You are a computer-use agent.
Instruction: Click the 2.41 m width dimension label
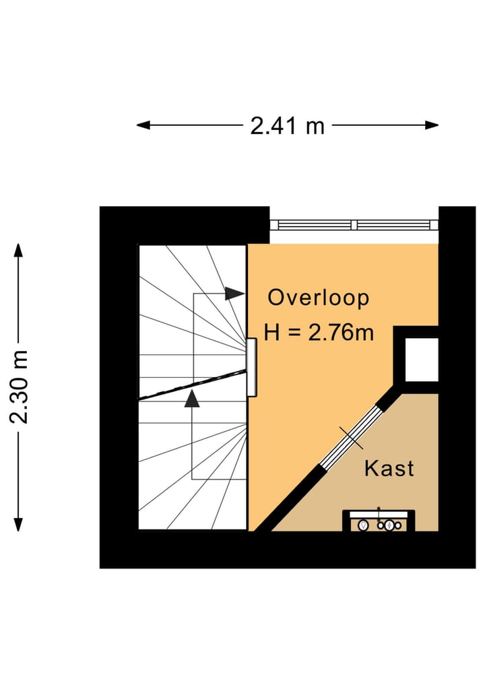288,126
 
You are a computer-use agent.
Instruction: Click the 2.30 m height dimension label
20,387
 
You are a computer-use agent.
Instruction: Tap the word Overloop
319,298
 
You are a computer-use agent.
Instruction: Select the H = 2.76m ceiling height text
319,333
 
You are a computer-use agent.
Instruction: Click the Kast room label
389,468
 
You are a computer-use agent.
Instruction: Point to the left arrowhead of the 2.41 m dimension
143,125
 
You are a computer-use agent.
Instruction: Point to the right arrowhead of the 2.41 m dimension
432,125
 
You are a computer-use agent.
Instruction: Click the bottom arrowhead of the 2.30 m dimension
18,524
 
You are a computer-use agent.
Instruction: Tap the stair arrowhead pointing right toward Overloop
234,294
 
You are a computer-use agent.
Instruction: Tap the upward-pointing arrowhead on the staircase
192,399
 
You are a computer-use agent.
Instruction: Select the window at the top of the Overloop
354,225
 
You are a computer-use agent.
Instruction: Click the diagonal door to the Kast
352,437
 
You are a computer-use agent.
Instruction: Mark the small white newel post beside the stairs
252,367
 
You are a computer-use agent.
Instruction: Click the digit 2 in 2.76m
315,333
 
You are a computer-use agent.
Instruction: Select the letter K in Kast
370,468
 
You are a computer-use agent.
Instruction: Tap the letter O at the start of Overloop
276,298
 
